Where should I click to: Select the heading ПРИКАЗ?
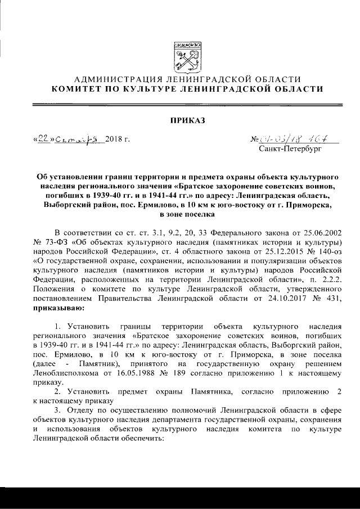point(180,120)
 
